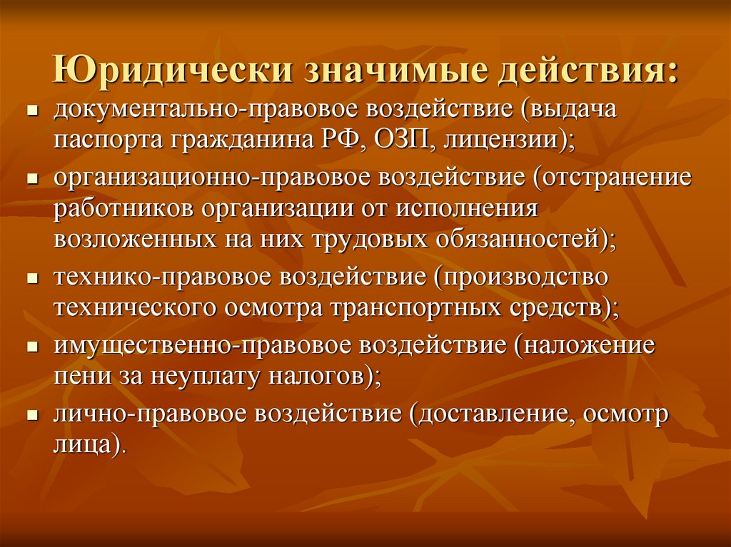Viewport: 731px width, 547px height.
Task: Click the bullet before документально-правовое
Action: pyautogui.click(x=33, y=113)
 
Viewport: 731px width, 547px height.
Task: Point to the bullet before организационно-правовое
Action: pyautogui.click(x=33, y=180)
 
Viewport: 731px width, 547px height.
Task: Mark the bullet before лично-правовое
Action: pyautogui.click(x=33, y=415)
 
